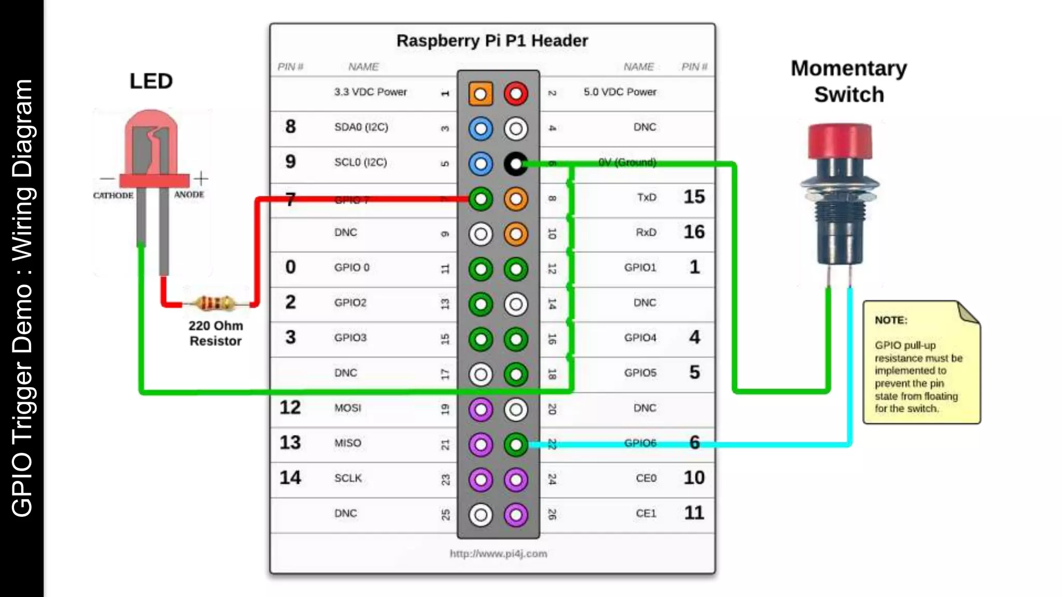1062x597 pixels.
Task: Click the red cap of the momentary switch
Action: point(840,140)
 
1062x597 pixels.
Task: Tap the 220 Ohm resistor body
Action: point(215,303)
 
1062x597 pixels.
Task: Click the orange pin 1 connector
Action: point(480,94)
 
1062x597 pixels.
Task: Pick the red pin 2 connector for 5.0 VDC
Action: point(515,94)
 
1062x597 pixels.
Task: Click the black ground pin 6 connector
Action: point(515,164)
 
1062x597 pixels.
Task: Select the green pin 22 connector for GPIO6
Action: point(515,445)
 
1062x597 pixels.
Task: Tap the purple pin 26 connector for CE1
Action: point(515,515)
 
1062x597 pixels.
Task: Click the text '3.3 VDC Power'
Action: point(370,92)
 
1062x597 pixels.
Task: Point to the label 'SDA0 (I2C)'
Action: point(361,127)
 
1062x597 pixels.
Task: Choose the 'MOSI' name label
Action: point(347,408)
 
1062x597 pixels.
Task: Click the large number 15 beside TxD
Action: point(694,197)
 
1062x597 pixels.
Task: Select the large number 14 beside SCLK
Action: point(290,478)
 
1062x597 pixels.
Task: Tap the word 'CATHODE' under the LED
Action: point(113,195)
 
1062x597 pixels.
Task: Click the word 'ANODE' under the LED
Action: point(189,195)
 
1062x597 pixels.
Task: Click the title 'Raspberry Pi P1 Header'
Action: point(492,41)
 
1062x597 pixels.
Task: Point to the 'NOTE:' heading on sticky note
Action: point(890,320)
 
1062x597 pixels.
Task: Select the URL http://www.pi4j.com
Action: point(498,553)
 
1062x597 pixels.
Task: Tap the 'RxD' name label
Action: point(646,233)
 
